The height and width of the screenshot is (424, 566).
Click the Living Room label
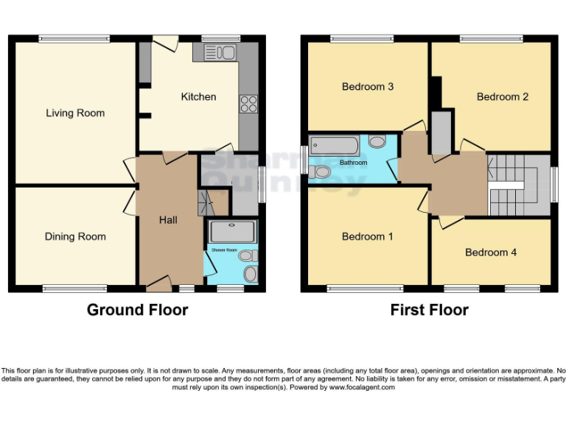click(75, 113)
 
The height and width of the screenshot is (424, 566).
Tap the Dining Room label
click(75, 237)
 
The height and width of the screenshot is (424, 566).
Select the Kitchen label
click(199, 96)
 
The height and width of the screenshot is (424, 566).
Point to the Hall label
click(169, 219)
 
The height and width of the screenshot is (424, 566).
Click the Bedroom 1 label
click(368, 237)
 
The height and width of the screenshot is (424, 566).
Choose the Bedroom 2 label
click(503, 96)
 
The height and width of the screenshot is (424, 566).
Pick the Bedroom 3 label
click(368, 87)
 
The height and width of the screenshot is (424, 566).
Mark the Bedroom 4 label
click(491, 252)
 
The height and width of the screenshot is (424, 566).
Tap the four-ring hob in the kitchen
click(247, 104)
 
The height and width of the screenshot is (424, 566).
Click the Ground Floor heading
click(137, 310)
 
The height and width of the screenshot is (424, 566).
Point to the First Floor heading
click(429, 310)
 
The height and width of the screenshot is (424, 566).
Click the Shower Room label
click(225, 250)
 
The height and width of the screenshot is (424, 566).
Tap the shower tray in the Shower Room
click(233, 231)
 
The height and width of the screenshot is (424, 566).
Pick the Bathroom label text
click(354, 162)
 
